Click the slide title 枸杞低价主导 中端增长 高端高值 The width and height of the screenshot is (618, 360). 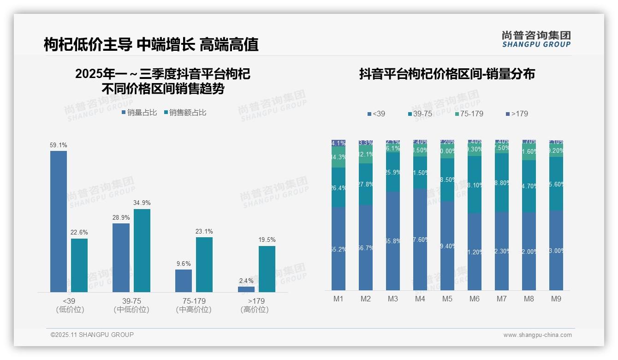pos(151,44)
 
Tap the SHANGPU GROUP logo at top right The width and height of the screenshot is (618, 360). pos(536,39)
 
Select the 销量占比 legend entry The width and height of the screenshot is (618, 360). pos(139,113)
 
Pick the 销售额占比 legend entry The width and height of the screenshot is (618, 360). pos(185,113)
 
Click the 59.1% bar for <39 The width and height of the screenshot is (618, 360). pos(59,222)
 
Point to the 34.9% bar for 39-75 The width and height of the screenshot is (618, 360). pos(142,251)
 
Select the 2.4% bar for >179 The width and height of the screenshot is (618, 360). pos(246,289)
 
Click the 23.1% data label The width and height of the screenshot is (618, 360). pos(204,232)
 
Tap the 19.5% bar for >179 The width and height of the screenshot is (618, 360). pos(267,269)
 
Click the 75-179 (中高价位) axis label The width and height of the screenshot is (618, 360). pos(194,305)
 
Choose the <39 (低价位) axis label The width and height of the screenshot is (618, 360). pos(69,305)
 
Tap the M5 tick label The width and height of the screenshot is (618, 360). pos(447,299)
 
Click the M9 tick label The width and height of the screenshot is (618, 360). pos(556,299)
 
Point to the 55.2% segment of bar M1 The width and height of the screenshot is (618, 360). pos(339,249)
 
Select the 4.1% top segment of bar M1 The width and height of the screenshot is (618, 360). pos(339,143)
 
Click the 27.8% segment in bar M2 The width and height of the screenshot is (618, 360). pos(366,184)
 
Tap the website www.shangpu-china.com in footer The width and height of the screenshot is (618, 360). pos(537,335)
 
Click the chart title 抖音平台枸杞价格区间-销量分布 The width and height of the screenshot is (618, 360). pos(447,74)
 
